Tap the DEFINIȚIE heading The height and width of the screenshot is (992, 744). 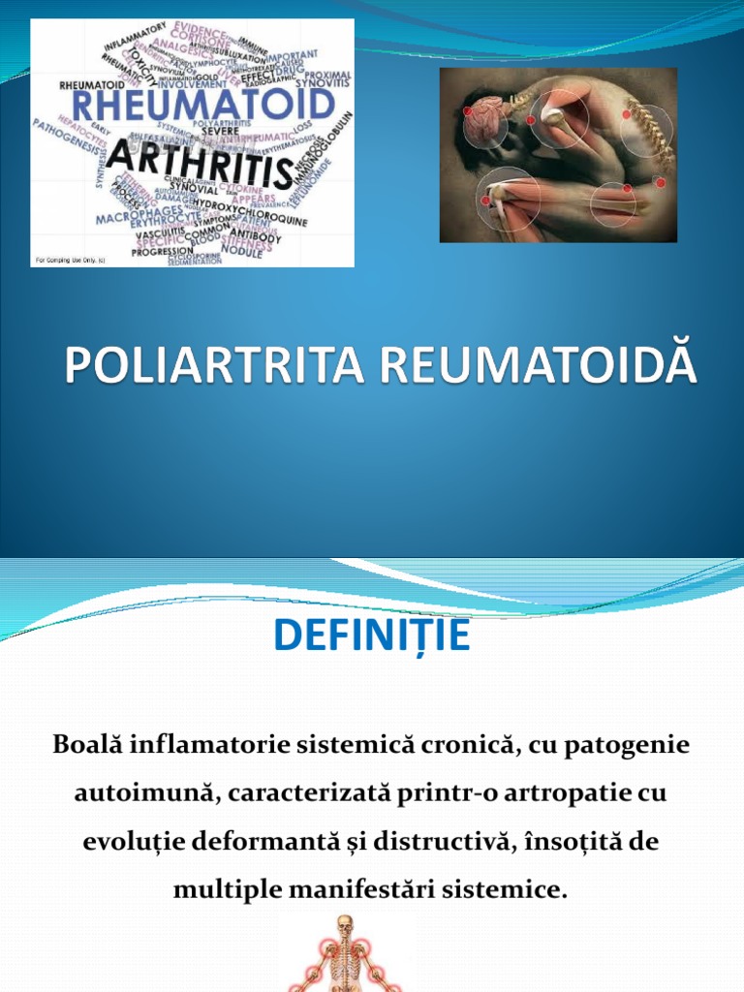[372, 635]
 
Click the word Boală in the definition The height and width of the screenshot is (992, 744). [87, 746]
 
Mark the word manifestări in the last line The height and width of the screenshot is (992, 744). [332, 888]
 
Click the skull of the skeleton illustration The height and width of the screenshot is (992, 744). [344, 928]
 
